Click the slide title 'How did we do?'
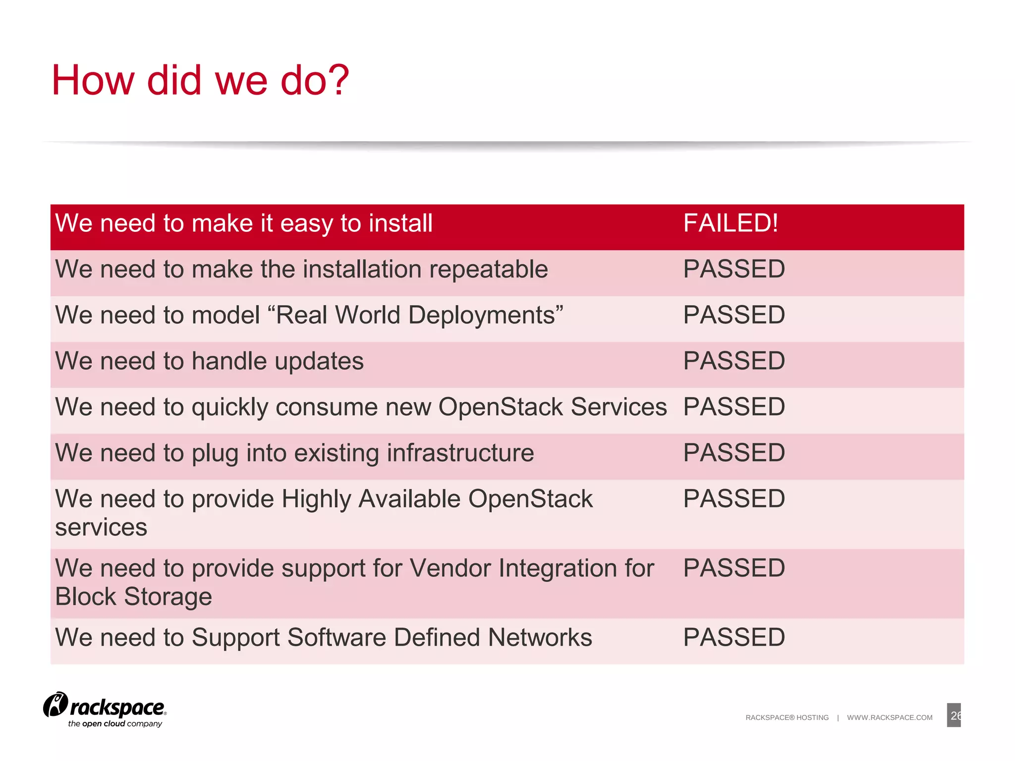pos(200,80)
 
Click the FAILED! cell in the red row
pos(730,223)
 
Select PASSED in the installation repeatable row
pos(733,269)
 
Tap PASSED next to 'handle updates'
pos(733,361)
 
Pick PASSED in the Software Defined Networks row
pos(733,637)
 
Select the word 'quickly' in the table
pos(230,408)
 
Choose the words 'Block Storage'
pos(133,597)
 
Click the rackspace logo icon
pos(55,705)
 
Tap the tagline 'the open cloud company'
pos(115,724)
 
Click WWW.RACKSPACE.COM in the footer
pos(889,717)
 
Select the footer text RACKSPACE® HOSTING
pos(787,717)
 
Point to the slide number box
pos(953,715)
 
